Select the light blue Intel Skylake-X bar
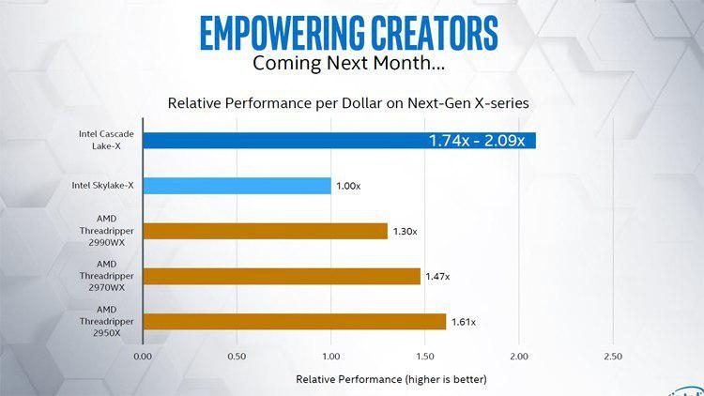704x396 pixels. (237, 186)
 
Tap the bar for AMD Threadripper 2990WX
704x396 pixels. (265, 231)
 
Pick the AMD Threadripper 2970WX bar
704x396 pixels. (282, 276)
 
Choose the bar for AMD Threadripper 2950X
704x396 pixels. (295, 321)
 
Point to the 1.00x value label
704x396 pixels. (348, 187)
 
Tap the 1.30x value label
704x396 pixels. (405, 231)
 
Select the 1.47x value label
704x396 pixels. (437, 276)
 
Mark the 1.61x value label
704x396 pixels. (464, 322)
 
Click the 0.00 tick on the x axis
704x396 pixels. (143, 357)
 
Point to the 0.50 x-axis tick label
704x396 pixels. (237, 357)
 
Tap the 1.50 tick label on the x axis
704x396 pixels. (424, 357)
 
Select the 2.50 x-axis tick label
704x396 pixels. (612, 357)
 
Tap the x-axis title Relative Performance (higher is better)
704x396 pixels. (391, 379)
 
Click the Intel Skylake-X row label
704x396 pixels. (103, 186)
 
